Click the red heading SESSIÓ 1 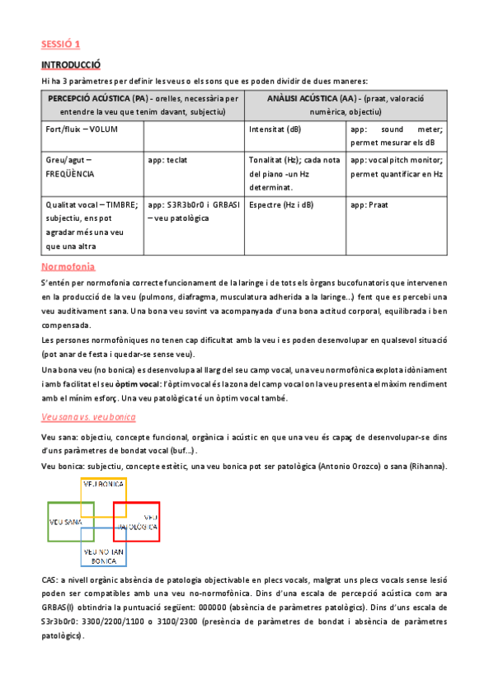61,44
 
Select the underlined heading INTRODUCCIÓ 71,64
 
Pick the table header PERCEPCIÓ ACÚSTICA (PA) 92,98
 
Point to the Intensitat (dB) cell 275,129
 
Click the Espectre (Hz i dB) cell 281,204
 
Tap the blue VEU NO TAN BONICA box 104,554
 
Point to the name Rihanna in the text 421,467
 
